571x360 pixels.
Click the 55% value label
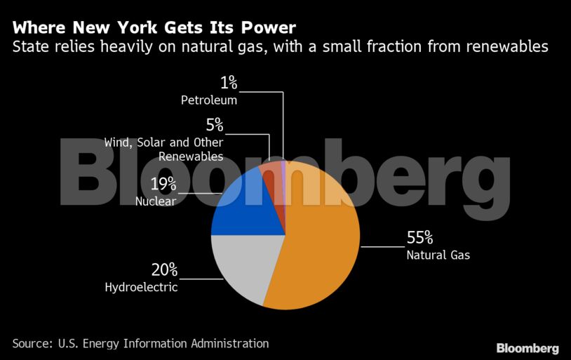[420, 237]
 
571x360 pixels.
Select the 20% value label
[165, 269]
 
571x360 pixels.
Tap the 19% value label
[163, 185]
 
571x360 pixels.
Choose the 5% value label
[215, 126]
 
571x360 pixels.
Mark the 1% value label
[229, 83]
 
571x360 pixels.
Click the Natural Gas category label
[438, 255]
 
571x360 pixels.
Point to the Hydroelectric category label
[141, 287]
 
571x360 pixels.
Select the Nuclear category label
[156, 201]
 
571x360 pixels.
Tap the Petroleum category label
[209, 100]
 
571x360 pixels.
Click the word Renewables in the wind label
[191, 156]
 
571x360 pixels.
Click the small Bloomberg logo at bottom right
[528, 348]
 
